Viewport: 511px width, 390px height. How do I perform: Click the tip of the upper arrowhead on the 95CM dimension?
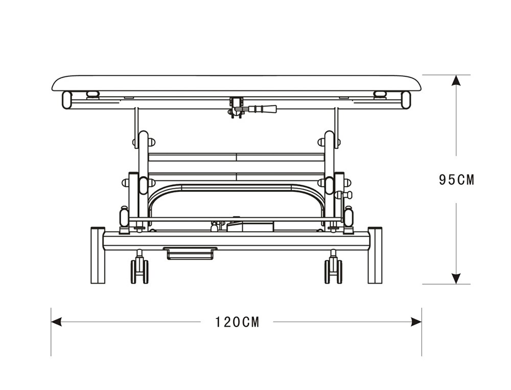click(x=456, y=75)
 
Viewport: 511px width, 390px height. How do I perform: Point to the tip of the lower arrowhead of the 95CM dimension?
click(x=456, y=284)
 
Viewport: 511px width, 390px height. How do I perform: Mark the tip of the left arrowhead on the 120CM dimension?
click(x=52, y=322)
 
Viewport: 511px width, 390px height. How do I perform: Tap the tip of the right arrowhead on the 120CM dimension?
click(x=422, y=322)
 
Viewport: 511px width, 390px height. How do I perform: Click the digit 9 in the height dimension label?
click(x=443, y=180)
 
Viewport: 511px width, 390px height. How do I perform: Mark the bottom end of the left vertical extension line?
click(x=51, y=356)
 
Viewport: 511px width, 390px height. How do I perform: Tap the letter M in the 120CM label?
click(x=254, y=322)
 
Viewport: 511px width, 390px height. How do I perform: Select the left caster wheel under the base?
click(x=140, y=271)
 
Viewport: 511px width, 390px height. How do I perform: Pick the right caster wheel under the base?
click(x=333, y=271)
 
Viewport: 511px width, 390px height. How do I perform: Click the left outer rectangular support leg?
click(x=98, y=255)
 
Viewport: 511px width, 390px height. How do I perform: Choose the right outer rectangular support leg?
click(x=375, y=255)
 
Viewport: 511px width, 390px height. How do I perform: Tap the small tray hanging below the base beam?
click(x=191, y=253)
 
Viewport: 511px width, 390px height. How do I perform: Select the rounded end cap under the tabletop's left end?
click(x=67, y=100)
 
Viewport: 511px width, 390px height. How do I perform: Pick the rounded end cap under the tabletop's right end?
click(x=406, y=100)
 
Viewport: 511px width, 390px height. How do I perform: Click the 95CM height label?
click(x=456, y=180)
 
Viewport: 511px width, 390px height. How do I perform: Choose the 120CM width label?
click(x=237, y=322)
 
